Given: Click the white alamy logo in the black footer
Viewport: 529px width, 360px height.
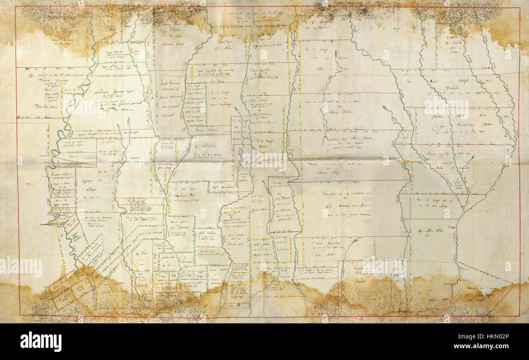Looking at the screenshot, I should tap(41, 341).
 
